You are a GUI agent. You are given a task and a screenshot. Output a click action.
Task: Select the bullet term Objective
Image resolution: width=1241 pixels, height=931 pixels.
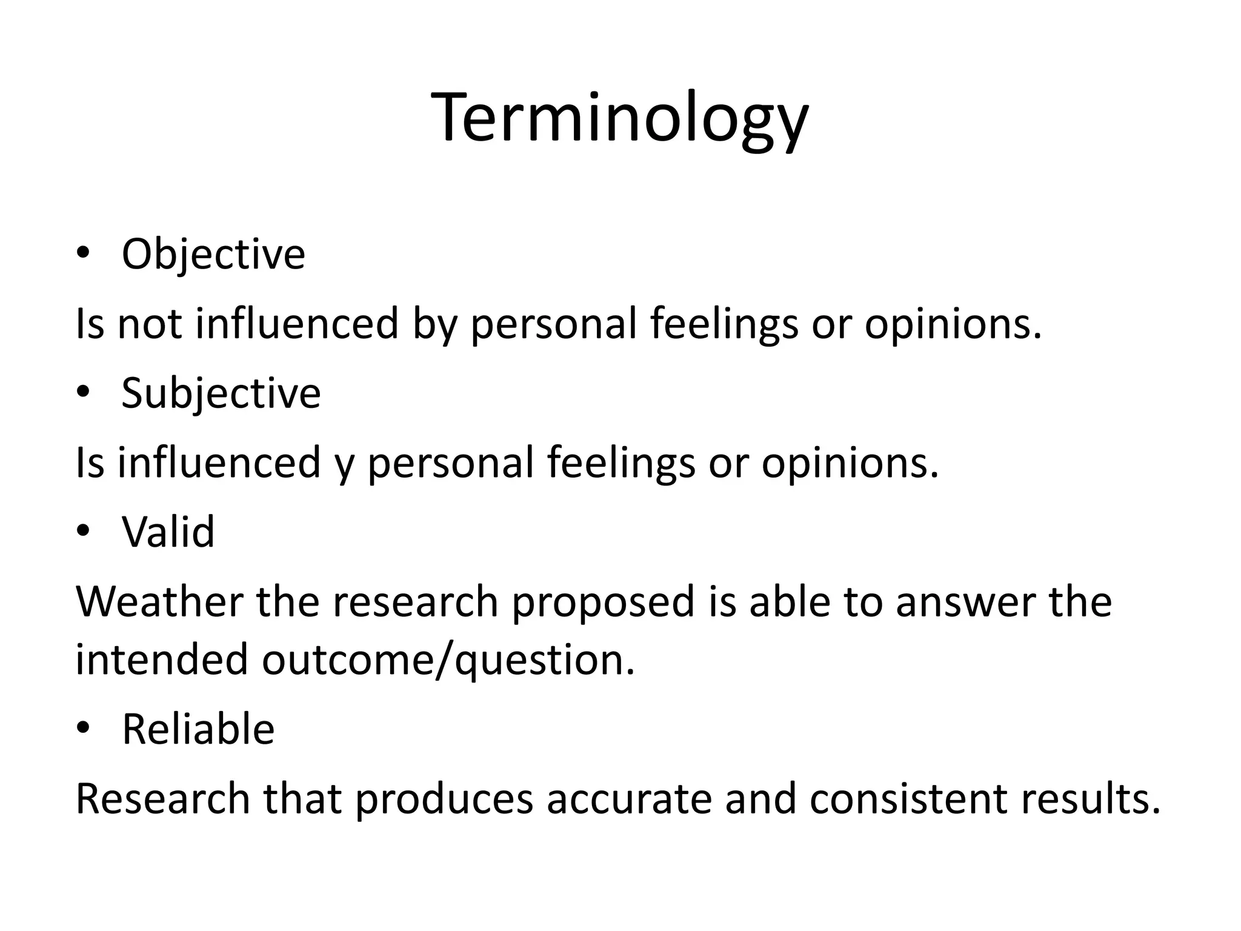213,254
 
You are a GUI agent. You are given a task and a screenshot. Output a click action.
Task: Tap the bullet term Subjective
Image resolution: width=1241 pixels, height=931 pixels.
221,393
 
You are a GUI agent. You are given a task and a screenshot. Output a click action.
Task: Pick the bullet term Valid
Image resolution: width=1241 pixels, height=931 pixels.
168,532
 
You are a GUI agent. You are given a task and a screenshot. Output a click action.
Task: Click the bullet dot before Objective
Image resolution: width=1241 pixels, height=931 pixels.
83,255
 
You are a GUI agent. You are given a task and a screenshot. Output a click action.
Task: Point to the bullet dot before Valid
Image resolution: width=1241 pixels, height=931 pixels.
83,532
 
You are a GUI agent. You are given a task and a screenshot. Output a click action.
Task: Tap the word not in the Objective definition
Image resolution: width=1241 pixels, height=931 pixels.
149,323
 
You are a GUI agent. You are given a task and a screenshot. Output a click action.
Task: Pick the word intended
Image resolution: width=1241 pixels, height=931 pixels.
161,659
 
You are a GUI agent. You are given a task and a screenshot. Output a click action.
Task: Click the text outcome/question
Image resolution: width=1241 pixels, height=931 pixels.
448,660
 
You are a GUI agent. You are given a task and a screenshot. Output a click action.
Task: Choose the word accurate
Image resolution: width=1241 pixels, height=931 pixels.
629,798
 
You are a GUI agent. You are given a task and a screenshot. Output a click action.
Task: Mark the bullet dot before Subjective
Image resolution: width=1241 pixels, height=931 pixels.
83,393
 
